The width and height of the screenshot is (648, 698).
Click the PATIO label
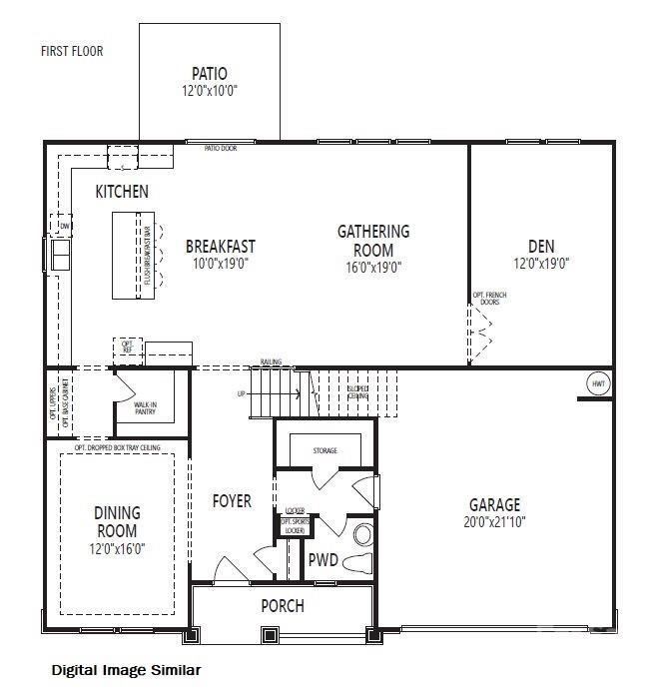point(209,73)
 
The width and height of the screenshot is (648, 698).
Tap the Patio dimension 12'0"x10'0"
point(209,90)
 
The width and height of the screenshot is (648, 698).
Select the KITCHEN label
point(122,191)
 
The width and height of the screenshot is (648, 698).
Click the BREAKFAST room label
point(220,246)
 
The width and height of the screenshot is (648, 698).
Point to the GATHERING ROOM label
point(372,240)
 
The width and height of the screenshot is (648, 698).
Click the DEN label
point(541,246)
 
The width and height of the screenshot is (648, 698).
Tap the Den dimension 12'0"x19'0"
point(541,264)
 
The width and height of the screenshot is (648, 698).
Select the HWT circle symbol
point(598,382)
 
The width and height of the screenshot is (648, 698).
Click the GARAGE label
point(495,504)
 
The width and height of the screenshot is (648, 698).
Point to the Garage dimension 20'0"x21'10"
point(495,521)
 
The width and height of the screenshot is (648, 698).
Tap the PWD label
point(323,559)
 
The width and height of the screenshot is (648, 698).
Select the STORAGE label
point(324,451)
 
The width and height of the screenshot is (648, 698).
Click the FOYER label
point(231,500)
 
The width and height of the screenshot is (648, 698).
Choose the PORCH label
point(282,606)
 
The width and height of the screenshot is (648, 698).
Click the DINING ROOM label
point(117,521)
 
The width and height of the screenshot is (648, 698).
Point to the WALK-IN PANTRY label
point(145,406)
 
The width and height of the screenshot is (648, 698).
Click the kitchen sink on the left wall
point(60,257)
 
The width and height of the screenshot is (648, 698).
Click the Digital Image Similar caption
point(126,670)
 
